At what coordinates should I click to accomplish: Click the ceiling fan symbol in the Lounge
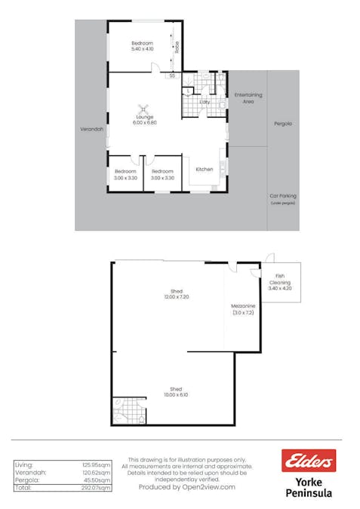[143, 109]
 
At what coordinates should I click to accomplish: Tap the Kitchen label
[205, 170]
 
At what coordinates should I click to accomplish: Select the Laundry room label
[205, 102]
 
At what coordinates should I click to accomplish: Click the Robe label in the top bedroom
[177, 47]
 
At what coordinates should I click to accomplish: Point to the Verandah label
[91, 129]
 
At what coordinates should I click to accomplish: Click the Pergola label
[283, 124]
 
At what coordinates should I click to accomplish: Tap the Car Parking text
[283, 196]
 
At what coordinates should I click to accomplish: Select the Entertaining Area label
[248, 97]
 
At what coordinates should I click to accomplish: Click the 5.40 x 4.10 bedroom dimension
[142, 50]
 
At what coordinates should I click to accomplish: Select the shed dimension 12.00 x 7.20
[177, 296]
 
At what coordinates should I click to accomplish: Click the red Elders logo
[308, 461]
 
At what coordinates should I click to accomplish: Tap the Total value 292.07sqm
[96, 488]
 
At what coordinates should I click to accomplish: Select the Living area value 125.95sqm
[96, 465]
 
